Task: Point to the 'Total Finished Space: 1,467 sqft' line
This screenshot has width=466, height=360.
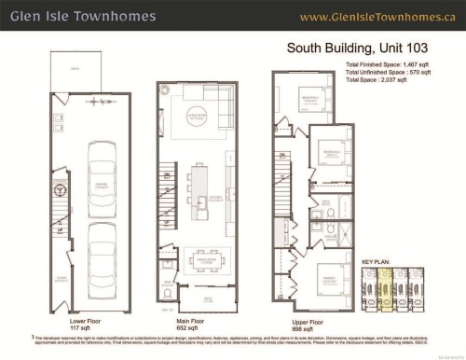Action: [x=386, y=63]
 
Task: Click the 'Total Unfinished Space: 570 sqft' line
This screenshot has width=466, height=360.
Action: [x=386, y=71]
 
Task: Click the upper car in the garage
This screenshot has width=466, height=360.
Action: [x=94, y=178]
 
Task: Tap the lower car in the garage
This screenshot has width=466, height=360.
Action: [x=94, y=255]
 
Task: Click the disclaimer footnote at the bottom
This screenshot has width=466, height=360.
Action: [x=233, y=341]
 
